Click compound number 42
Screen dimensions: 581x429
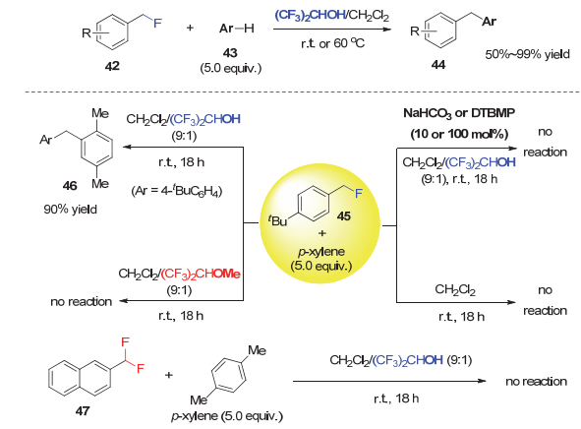(x=112, y=66)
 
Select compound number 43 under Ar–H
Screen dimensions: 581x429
(x=230, y=53)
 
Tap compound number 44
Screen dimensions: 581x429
(x=438, y=65)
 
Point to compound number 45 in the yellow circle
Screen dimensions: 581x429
(x=343, y=215)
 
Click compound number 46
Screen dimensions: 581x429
(x=70, y=185)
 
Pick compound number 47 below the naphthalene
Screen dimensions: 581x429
(x=83, y=411)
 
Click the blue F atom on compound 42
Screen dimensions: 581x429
(x=157, y=23)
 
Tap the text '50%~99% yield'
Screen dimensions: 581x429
(x=527, y=54)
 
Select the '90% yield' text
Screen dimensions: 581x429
(x=71, y=210)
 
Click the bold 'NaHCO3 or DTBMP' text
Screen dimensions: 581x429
(x=459, y=113)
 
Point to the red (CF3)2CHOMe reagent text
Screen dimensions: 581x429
(x=201, y=274)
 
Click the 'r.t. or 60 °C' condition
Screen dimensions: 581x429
(x=332, y=43)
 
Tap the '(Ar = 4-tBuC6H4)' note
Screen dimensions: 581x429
(x=176, y=191)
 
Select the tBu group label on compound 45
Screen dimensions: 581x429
(x=277, y=220)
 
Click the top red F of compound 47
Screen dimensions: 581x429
(x=125, y=341)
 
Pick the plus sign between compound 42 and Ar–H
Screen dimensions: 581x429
(x=190, y=28)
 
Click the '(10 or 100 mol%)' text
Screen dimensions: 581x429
(x=459, y=134)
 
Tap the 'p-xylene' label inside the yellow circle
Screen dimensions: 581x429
(x=321, y=252)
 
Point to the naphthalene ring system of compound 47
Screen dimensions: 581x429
(x=80, y=378)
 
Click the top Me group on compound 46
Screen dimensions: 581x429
(x=100, y=113)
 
